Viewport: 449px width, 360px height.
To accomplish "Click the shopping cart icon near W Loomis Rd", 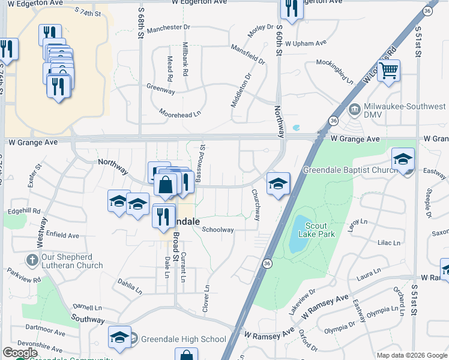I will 388,71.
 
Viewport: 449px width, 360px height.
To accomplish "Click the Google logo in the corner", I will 20,353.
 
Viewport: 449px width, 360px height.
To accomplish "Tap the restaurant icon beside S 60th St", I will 291,9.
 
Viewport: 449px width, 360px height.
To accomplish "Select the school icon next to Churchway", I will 278,184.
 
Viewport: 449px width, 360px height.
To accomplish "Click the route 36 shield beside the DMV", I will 334,121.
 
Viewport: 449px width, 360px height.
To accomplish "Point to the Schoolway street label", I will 217,230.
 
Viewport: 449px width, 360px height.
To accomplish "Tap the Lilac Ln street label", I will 388,243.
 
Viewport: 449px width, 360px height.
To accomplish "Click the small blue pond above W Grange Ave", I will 297,128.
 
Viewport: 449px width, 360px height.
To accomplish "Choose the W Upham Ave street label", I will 306,43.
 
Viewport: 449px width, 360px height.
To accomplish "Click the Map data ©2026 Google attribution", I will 411,355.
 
